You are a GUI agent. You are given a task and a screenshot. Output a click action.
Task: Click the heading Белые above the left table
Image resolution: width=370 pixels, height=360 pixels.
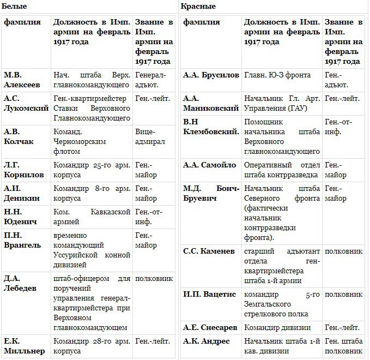coord(13,6)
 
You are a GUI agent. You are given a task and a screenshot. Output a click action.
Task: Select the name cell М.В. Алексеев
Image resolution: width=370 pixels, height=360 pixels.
coord(22,80)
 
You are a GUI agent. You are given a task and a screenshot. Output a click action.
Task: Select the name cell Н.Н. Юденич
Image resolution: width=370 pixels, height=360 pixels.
coord(22,216)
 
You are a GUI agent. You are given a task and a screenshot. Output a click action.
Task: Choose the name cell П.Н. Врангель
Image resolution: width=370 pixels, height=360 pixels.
coord(22,240)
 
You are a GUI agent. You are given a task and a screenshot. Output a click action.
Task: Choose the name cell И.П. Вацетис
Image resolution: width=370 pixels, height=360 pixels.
coord(210,294)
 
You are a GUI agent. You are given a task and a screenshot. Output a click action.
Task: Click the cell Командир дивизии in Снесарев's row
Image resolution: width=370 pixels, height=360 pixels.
coord(277,327)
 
